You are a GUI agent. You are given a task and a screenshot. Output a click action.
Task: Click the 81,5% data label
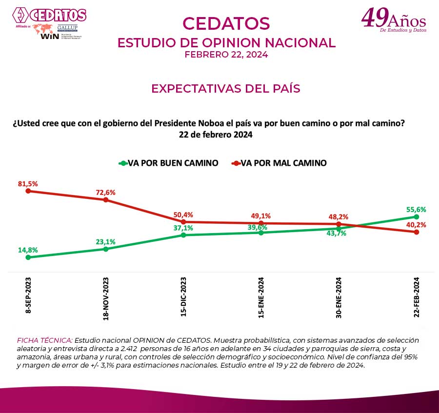28,183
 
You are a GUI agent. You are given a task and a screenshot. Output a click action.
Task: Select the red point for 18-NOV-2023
106,200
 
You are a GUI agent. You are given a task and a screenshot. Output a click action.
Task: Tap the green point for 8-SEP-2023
28,257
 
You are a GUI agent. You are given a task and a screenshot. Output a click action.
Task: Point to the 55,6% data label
416,209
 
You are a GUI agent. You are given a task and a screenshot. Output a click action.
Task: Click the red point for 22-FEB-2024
416,232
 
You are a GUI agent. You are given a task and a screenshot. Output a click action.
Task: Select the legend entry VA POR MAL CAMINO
279,163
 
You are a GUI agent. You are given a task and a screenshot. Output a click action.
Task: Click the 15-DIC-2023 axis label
184,298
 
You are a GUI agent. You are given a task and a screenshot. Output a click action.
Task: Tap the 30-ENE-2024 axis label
339,298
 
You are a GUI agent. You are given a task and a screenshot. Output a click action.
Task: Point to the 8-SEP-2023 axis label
28,295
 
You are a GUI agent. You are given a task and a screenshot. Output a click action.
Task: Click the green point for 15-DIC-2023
183,235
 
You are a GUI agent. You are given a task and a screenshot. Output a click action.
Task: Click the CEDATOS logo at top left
49,15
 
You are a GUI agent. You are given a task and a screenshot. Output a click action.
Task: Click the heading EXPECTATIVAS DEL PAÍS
225,89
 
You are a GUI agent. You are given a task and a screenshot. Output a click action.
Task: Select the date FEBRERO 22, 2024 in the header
226,55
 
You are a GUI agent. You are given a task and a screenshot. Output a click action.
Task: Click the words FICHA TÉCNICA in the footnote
44,339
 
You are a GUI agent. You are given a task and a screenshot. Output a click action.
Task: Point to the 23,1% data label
105,241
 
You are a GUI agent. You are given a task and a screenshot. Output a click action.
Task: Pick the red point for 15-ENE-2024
261,223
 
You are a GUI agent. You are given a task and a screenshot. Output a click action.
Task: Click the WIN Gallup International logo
57,32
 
